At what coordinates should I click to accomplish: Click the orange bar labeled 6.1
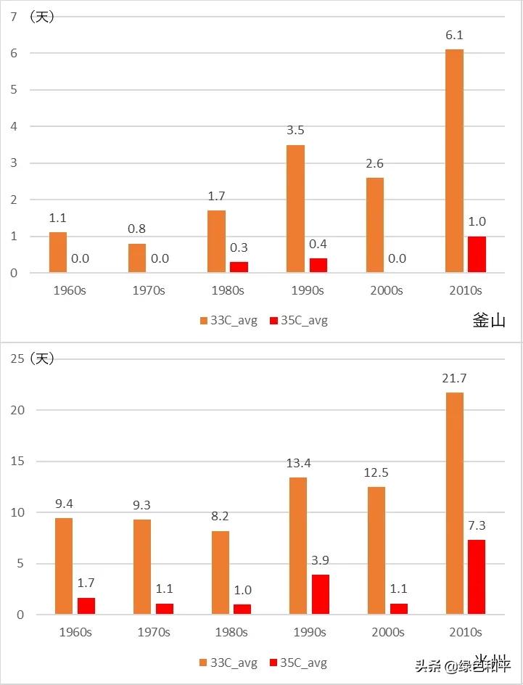click(x=454, y=161)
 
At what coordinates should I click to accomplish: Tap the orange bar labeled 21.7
click(x=454, y=504)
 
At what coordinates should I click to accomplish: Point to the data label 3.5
click(x=295, y=131)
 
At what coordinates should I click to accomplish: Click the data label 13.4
click(x=298, y=463)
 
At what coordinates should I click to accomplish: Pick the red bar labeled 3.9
click(x=321, y=595)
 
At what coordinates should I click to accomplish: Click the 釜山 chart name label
click(x=488, y=321)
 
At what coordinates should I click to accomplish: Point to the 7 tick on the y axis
click(x=14, y=16)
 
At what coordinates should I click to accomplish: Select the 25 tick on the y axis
click(x=17, y=358)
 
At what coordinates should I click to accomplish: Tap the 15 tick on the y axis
click(x=17, y=461)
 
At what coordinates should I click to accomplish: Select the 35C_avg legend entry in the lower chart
click(x=297, y=663)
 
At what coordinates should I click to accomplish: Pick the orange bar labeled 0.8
click(x=137, y=258)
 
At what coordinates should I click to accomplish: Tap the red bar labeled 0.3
click(x=239, y=267)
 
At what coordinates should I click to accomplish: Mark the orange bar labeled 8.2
click(x=221, y=573)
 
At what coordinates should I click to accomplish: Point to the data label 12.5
click(x=376, y=472)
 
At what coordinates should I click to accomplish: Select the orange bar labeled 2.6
click(x=375, y=226)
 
